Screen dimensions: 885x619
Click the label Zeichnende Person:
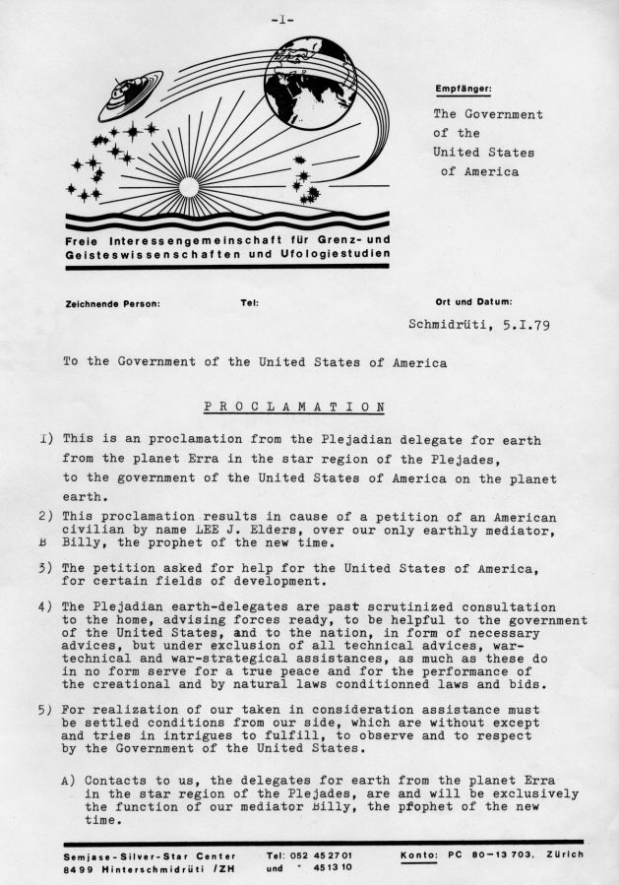pos(111,303)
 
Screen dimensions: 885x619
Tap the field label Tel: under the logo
pos(249,303)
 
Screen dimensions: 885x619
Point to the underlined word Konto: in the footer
pos(420,854)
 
